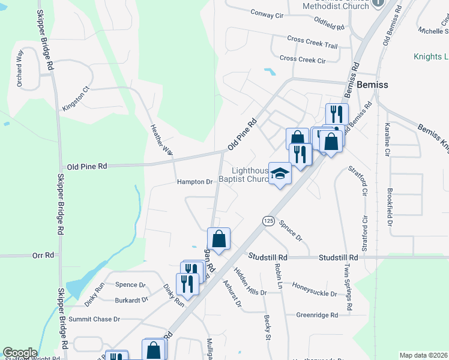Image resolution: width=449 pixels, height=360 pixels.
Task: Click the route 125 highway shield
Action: point(268,221)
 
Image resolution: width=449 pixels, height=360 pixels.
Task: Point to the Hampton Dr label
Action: point(195,182)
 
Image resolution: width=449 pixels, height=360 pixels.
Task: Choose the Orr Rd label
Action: point(43,255)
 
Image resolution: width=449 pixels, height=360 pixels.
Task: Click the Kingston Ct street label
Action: point(76,98)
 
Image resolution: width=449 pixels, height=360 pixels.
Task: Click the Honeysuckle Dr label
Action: point(318,286)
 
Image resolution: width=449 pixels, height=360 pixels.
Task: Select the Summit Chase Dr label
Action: point(94,319)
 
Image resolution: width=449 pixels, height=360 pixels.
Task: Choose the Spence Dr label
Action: point(130,285)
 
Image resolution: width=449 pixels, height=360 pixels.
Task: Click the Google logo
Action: point(20,353)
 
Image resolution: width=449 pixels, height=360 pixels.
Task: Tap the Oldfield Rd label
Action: point(329,28)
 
